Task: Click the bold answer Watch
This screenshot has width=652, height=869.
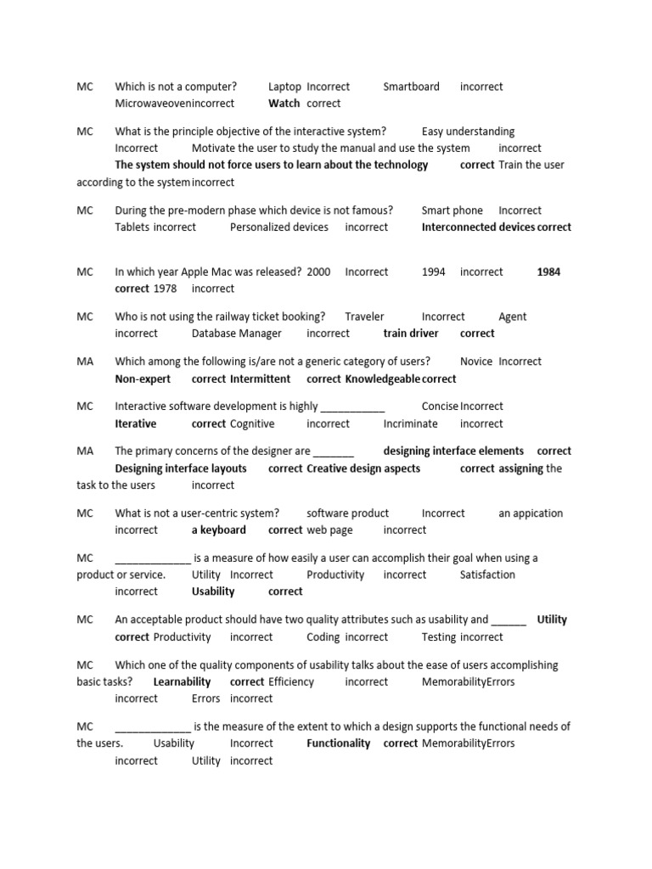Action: point(284,104)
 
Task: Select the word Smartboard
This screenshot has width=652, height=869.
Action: point(411,87)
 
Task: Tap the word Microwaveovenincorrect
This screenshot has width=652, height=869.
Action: point(175,104)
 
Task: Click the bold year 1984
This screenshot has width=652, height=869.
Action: point(548,272)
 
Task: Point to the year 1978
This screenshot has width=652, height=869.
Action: point(165,289)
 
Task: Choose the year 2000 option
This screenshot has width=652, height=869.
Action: point(318,272)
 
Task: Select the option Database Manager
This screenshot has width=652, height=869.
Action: point(236,334)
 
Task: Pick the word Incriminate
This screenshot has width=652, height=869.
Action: point(410,423)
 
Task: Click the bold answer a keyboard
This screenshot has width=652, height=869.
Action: point(218,530)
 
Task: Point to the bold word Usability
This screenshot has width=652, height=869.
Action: point(213,591)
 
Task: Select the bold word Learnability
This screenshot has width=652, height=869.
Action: point(182,681)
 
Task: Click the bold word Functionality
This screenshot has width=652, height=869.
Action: point(338,743)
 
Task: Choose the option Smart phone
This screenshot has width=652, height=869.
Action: point(452,210)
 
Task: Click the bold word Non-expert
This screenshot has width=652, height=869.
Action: point(143,378)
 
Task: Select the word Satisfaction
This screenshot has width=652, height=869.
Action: point(487,575)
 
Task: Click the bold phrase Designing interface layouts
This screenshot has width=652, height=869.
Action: point(181,468)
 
